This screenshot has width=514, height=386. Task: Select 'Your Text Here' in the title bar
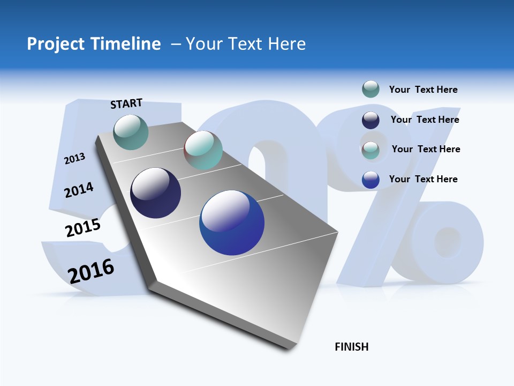[246, 44]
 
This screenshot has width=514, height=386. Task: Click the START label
[126, 103]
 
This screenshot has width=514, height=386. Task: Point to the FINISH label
[351, 347]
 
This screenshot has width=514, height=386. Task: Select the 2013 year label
[74, 158]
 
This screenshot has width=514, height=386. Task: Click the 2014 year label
[79, 190]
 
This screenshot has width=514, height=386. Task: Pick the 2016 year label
[90, 271]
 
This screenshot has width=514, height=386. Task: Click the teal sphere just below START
[131, 132]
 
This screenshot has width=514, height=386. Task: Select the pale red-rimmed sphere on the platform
[203, 150]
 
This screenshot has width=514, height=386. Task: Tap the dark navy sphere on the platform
[156, 193]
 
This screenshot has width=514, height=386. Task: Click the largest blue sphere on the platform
[232, 222]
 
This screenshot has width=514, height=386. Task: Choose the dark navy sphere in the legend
[371, 120]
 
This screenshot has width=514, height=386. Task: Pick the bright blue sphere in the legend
[371, 180]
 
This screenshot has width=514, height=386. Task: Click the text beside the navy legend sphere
[425, 120]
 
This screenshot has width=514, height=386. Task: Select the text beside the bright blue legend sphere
[423, 179]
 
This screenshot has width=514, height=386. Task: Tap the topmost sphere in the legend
[371, 89]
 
